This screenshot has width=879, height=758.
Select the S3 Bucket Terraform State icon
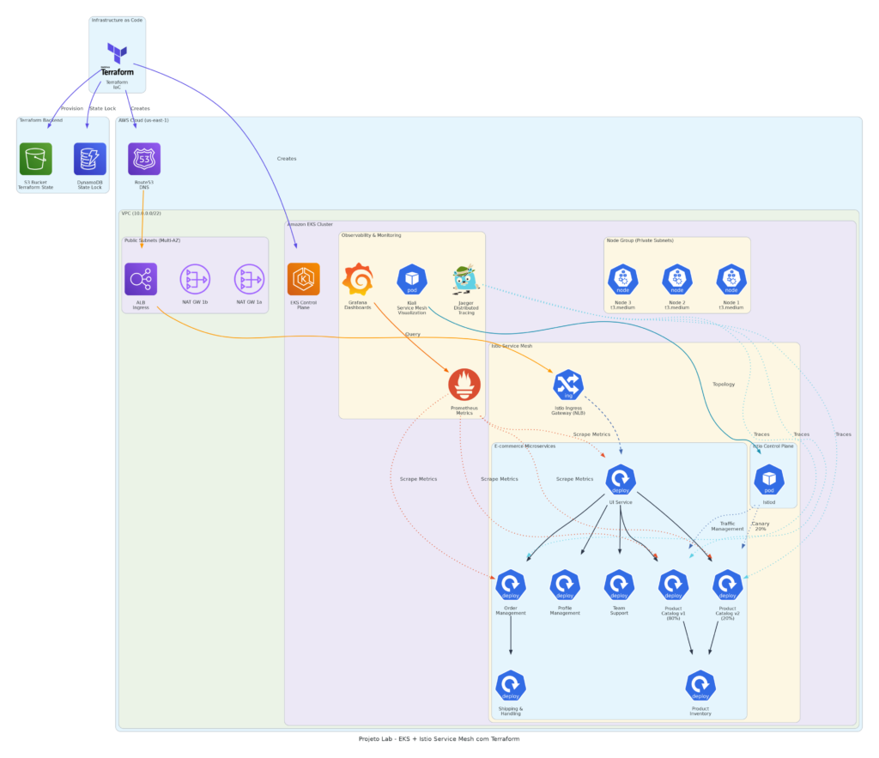coord(36,159)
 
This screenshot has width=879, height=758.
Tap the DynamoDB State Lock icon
coord(90,159)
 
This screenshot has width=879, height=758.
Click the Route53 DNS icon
coord(144,159)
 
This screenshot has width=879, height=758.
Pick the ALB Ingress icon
coord(141,279)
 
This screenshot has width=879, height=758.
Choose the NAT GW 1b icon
coord(195,279)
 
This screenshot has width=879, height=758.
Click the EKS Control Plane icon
coord(303,279)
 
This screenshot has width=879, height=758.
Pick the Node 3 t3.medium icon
coord(623,279)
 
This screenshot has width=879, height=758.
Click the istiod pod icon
coord(769,479)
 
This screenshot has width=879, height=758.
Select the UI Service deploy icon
coord(620,479)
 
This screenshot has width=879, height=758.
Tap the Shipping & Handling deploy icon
coord(511,685)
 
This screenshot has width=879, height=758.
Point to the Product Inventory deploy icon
coord(700,685)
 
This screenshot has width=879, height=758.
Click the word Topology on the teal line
coord(724,384)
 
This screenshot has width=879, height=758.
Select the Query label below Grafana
coord(412,334)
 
